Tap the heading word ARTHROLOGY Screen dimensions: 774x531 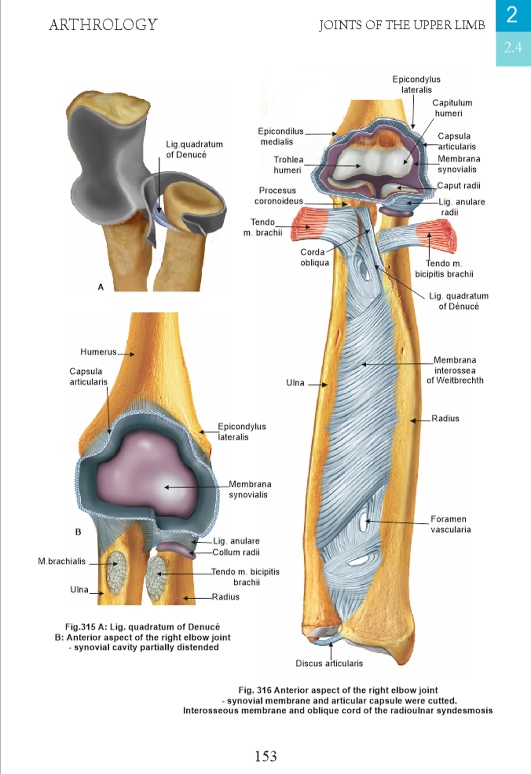(103, 25)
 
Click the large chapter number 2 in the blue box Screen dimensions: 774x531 (512, 15)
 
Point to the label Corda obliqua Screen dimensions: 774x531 (314, 257)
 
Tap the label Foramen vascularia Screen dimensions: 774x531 (450, 524)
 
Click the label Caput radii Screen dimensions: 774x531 (458, 186)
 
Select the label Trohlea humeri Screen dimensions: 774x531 (288, 165)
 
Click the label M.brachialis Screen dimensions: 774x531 (62, 561)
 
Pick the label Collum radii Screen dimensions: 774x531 (236, 552)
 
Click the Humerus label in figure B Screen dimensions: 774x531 (99, 352)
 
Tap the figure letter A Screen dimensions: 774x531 (101, 287)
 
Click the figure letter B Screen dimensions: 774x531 (78, 532)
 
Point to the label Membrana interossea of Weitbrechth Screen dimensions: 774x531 (455, 370)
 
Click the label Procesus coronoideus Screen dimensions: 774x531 (278, 196)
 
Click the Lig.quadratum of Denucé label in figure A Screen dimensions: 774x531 (194, 150)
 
